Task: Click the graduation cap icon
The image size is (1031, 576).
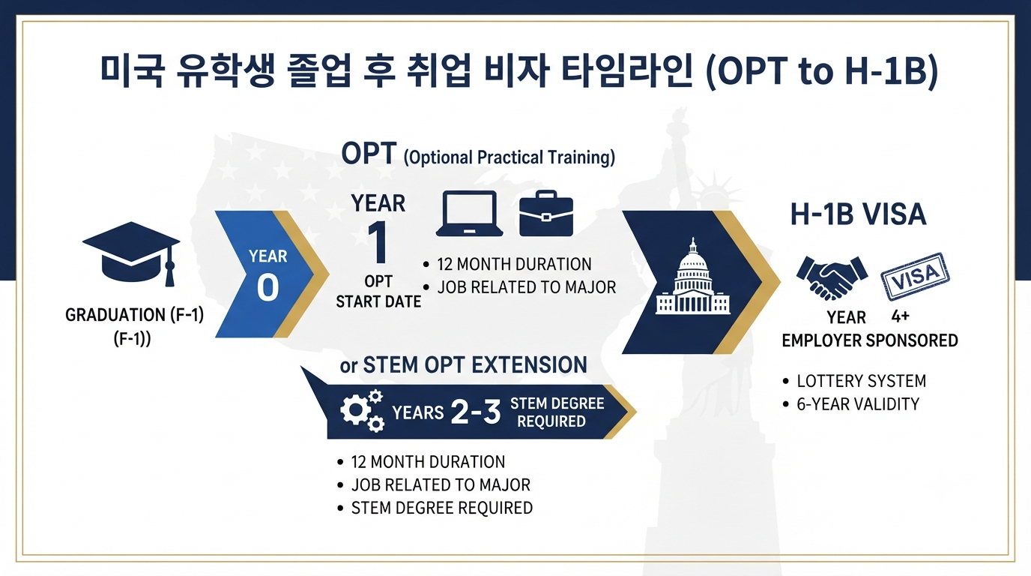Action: click(x=131, y=253)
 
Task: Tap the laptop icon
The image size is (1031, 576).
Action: click(x=469, y=214)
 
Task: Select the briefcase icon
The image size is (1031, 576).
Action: click(x=546, y=213)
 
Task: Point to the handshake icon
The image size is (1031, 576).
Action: click(x=832, y=277)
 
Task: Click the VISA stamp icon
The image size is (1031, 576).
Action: click(x=915, y=277)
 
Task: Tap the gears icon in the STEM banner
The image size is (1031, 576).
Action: click(x=362, y=410)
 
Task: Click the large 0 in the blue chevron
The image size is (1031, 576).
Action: click(x=268, y=287)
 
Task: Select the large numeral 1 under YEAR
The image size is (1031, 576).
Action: click(x=378, y=242)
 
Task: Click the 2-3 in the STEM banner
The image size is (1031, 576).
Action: click(x=476, y=412)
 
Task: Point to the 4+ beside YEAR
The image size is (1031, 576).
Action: click(x=901, y=316)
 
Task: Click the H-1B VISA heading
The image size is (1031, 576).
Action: click(x=858, y=214)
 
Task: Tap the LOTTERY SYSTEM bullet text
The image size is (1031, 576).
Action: click(x=861, y=381)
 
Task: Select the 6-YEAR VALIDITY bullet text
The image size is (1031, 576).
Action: click(x=858, y=404)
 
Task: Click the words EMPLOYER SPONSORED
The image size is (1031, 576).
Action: click(x=870, y=340)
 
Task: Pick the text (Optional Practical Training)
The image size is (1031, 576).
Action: click(x=509, y=157)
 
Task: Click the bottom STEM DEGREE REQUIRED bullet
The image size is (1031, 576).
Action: click(x=442, y=508)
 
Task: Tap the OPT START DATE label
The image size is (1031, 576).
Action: click(x=378, y=291)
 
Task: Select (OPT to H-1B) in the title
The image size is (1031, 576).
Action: click(x=822, y=71)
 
